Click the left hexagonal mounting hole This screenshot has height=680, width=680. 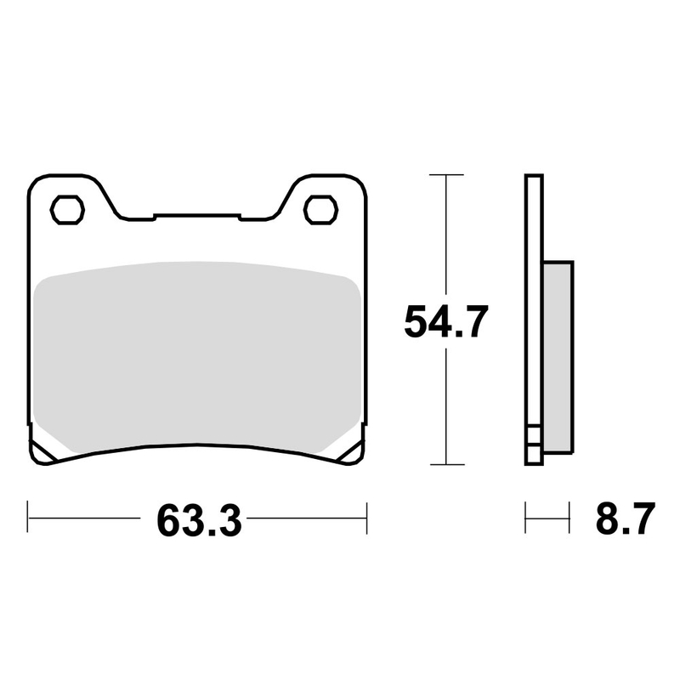point(67,208)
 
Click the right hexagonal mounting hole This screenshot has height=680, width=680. point(319,208)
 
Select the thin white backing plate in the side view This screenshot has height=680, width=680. point(533,297)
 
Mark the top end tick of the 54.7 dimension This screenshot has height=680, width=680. point(445,174)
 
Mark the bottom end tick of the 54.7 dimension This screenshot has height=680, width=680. point(445,465)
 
